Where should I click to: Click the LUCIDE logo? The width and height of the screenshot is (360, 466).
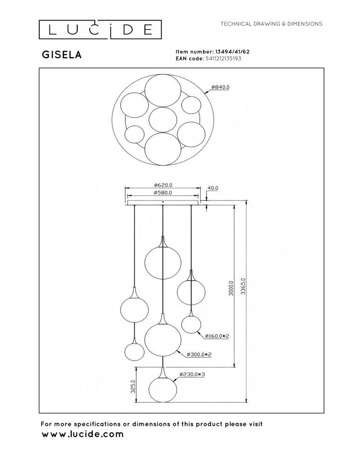coord(100,29)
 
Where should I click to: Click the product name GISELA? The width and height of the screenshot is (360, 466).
coord(62,55)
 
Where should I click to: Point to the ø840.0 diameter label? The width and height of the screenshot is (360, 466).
coord(220,87)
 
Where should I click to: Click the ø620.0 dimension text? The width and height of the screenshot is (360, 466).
coord(163,185)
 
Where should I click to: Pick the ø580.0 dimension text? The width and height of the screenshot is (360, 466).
coord(163,192)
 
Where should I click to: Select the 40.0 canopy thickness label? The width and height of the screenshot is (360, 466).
coord(213,188)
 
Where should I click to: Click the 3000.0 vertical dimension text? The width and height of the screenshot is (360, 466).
coord(231,288)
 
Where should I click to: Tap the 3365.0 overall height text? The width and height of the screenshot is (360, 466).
coord(243,287)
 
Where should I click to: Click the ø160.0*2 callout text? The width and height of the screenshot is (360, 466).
coord(217,336)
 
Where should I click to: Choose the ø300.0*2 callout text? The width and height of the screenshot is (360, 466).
coord(199,354)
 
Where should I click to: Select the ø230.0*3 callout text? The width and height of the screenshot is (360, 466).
coord(192,375)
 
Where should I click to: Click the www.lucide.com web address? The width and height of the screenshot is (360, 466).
coord(82,434)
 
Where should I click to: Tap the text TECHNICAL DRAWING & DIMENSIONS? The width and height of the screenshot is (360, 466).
coord(272,24)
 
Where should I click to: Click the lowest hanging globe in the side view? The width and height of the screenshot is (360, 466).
coord(163,389)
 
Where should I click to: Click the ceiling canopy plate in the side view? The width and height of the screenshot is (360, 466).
coord(163,203)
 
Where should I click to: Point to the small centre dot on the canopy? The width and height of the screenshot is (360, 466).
coord(163,202)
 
